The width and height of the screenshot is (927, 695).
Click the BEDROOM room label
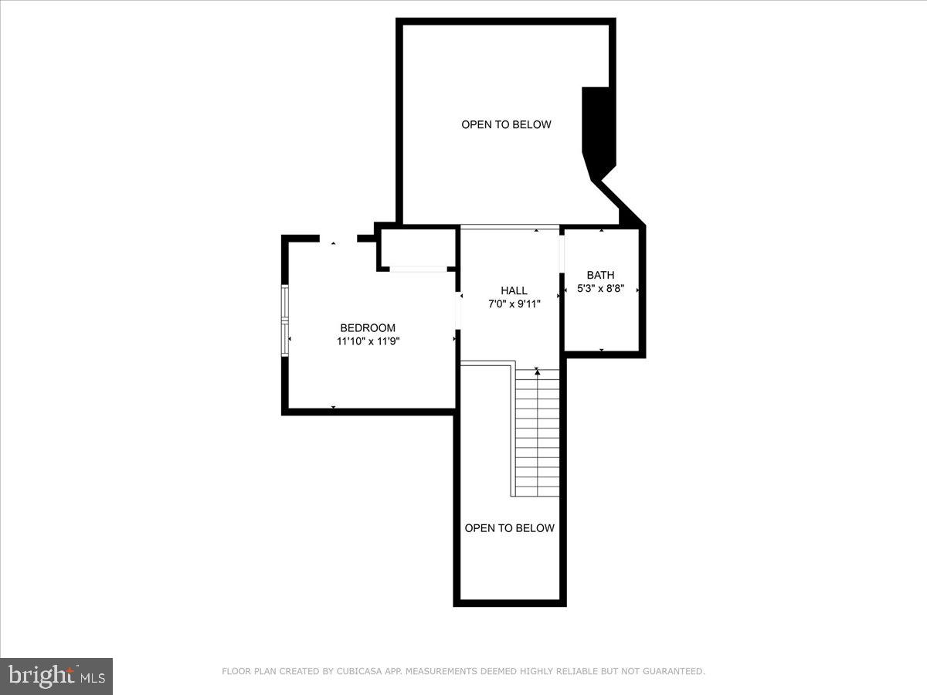coord(368,327)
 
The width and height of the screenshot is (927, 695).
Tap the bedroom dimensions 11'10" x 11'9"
coord(368,341)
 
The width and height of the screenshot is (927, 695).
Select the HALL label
coord(514,290)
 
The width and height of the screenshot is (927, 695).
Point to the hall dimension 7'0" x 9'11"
coord(514,303)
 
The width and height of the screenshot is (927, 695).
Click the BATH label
coord(600,275)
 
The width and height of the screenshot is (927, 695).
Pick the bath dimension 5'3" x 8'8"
coord(600,289)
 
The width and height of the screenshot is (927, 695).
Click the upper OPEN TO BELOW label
coord(506,124)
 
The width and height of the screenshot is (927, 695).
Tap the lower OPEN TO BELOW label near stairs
coord(509,528)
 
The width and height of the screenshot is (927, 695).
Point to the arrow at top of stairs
coord(537,372)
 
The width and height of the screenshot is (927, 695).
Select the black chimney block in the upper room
coord(597,131)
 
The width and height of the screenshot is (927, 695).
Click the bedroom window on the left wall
coord(285,320)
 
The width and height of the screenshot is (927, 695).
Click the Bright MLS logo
coord(56,676)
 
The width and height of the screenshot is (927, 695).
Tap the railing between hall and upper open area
coord(509,227)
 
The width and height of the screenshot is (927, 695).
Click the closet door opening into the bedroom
coord(418,269)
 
